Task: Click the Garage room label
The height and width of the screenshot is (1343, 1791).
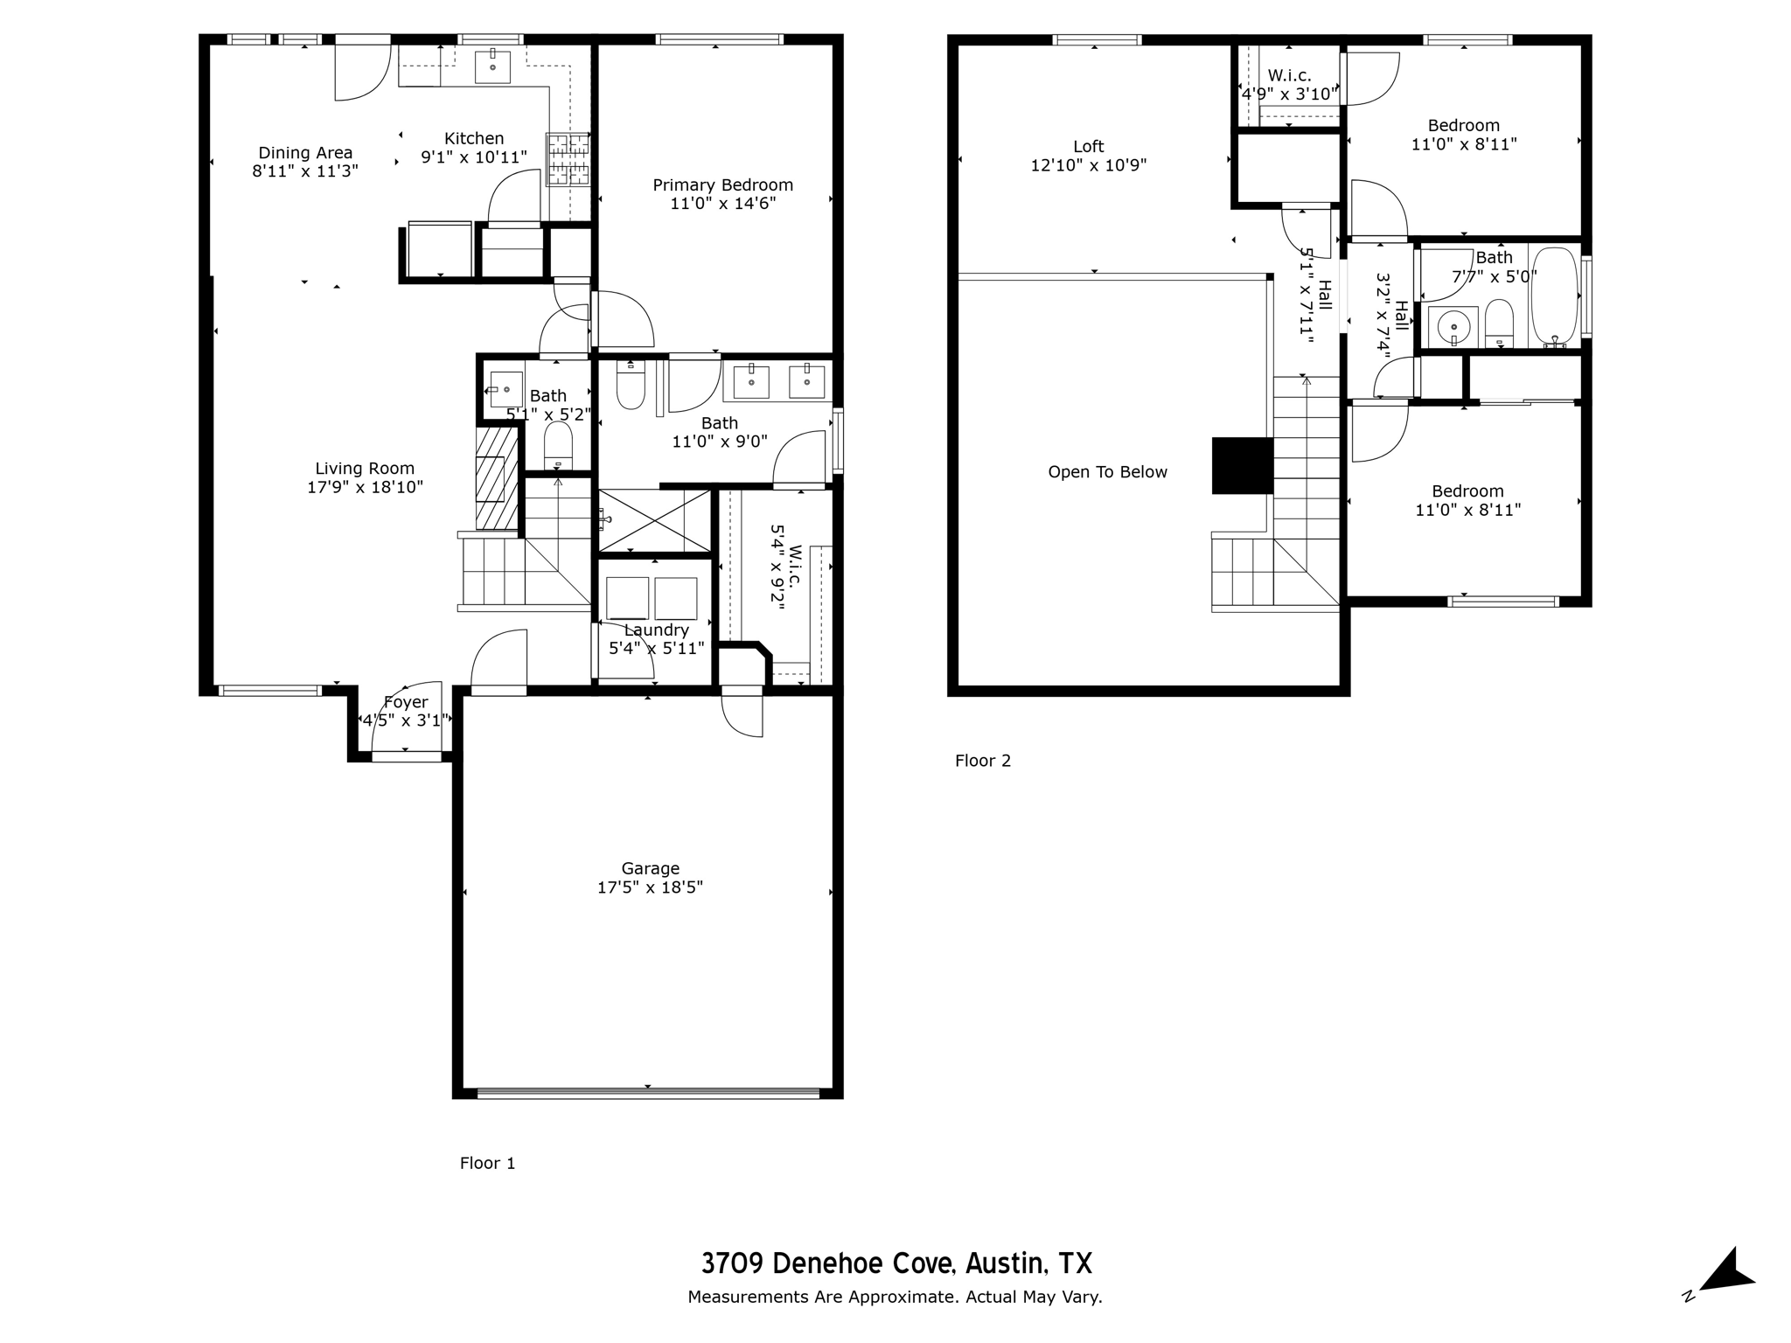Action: [651, 868]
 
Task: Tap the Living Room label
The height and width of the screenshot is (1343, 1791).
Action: [365, 469]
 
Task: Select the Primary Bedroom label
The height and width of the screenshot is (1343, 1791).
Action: [723, 185]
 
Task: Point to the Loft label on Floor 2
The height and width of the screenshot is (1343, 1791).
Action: [1089, 147]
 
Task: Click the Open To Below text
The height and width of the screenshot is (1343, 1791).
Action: [1108, 472]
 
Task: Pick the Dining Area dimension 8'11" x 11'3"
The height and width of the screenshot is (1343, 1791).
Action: [305, 171]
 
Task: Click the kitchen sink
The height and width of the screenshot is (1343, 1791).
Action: [492, 66]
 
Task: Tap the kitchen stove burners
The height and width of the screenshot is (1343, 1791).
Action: [568, 159]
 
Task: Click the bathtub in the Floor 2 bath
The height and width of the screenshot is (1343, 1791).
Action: [1555, 298]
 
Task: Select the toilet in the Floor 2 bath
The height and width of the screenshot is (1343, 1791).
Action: [1499, 324]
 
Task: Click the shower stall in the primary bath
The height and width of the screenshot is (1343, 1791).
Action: [654, 520]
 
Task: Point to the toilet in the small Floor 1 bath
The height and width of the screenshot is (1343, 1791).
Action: [558, 447]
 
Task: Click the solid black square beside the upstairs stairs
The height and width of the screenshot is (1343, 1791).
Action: [1242, 466]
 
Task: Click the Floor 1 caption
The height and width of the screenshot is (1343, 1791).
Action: [488, 1163]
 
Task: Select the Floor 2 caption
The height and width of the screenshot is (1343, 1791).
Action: [983, 761]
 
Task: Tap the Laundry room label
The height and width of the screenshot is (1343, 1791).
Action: [657, 630]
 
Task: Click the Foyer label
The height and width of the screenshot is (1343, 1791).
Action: [406, 702]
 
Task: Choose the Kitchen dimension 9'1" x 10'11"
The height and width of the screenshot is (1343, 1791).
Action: [474, 157]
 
